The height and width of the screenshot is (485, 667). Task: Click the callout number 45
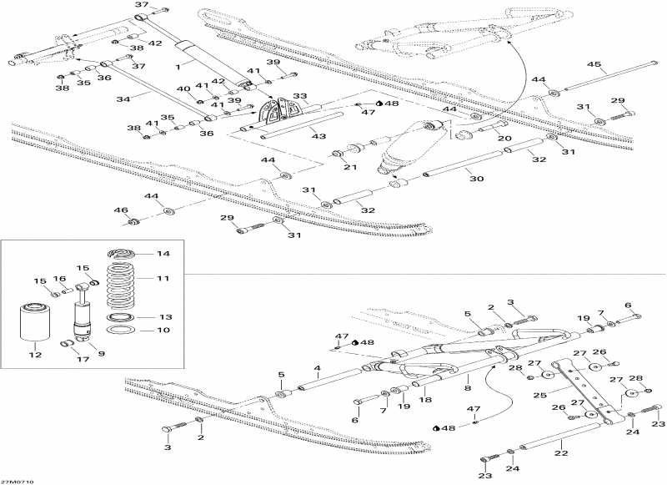click(x=594, y=65)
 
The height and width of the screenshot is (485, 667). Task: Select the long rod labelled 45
click(x=609, y=77)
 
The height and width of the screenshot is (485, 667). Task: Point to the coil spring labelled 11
click(x=122, y=286)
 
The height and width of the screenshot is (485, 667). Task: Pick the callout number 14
click(x=163, y=254)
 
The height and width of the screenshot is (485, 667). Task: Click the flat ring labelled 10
click(x=122, y=330)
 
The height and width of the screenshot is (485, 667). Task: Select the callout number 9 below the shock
click(x=101, y=353)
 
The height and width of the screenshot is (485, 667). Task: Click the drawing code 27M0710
click(x=16, y=482)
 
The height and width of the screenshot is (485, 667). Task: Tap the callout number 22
click(x=561, y=453)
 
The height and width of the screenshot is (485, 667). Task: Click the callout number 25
click(x=539, y=396)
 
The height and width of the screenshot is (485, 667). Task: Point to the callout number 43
click(x=319, y=136)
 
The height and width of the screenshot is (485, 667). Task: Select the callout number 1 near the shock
click(x=178, y=67)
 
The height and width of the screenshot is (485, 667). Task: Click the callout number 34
click(x=123, y=99)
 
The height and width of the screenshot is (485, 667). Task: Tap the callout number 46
click(x=121, y=210)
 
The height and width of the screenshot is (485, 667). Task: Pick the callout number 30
click(x=477, y=179)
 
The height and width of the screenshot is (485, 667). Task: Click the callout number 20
click(x=505, y=138)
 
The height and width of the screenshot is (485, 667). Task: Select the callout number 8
click(x=468, y=388)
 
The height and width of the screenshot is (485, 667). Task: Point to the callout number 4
click(x=317, y=368)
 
